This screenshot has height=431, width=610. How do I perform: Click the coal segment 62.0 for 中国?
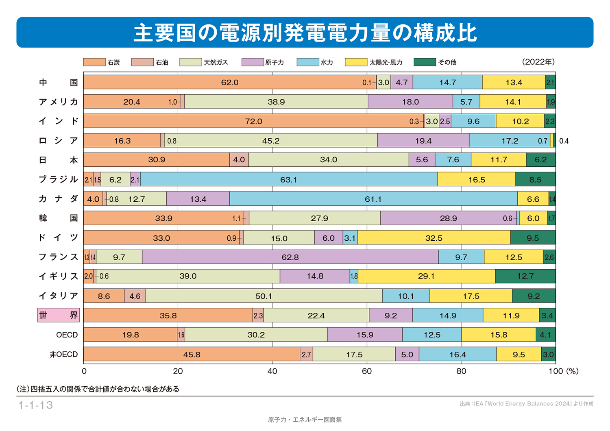(x=230, y=82)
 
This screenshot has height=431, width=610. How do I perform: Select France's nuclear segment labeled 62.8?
(x=290, y=257)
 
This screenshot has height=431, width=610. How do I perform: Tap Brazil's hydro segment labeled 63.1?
(x=289, y=179)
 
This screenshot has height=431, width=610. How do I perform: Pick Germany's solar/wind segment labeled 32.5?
(x=434, y=238)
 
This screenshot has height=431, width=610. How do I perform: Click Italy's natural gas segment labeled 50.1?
(x=264, y=296)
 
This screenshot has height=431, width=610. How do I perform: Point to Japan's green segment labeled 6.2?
(x=540, y=160)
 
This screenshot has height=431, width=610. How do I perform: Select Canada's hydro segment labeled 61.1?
(x=373, y=199)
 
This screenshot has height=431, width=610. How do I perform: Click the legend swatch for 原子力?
(x=252, y=62)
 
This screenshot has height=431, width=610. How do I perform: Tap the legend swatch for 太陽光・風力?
(x=356, y=62)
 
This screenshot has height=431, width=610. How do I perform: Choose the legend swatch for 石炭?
(x=94, y=62)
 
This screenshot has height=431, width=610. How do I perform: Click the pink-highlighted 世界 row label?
(x=58, y=315)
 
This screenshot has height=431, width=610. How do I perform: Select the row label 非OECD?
(x=63, y=354)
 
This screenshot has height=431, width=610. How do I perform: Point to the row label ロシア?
(x=58, y=141)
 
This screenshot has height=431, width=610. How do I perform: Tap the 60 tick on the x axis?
(x=366, y=371)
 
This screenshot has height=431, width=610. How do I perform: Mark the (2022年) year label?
(x=538, y=62)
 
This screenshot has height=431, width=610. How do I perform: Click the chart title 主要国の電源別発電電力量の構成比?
(x=305, y=33)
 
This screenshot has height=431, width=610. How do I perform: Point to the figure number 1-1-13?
(x=36, y=405)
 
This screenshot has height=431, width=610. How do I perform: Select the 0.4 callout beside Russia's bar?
(x=564, y=141)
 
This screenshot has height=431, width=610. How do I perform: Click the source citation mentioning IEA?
(x=526, y=404)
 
